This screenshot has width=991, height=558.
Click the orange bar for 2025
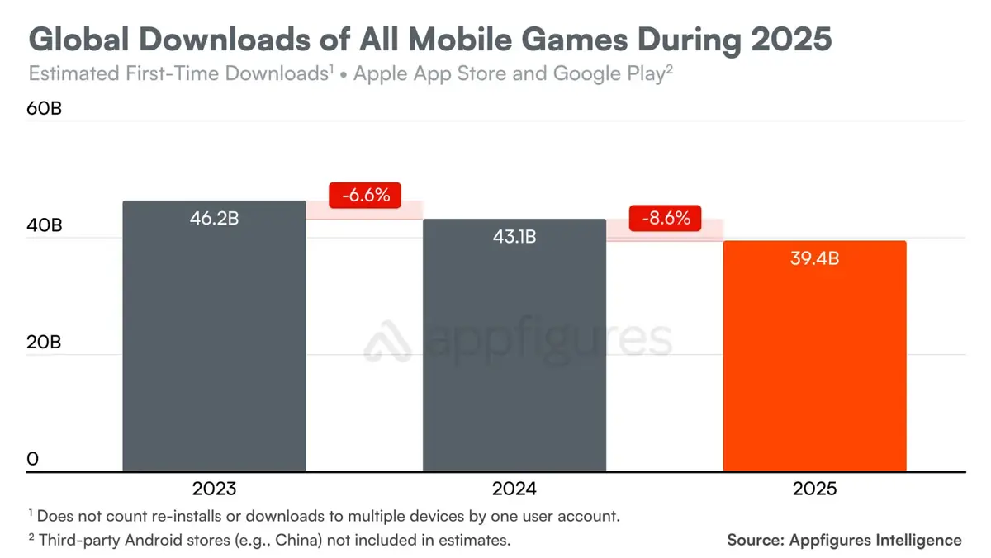click(814, 363)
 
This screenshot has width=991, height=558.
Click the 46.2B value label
click(214, 220)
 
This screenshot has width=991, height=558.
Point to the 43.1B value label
click(514, 238)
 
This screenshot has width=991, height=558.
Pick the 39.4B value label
click(814, 259)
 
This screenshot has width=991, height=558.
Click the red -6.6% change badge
click(364, 196)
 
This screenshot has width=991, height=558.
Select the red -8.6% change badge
click(665, 220)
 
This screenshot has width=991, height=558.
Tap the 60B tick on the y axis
click(45, 110)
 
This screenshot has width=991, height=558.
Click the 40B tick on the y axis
click(45, 226)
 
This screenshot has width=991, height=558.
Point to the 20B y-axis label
click(45, 343)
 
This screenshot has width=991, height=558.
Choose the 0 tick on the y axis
click(33, 459)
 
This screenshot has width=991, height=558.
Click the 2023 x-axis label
click(214, 489)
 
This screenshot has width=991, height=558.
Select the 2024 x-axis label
click(514, 489)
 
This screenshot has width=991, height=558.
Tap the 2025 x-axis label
click(814, 489)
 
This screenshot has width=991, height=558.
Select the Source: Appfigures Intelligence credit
click(844, 540)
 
